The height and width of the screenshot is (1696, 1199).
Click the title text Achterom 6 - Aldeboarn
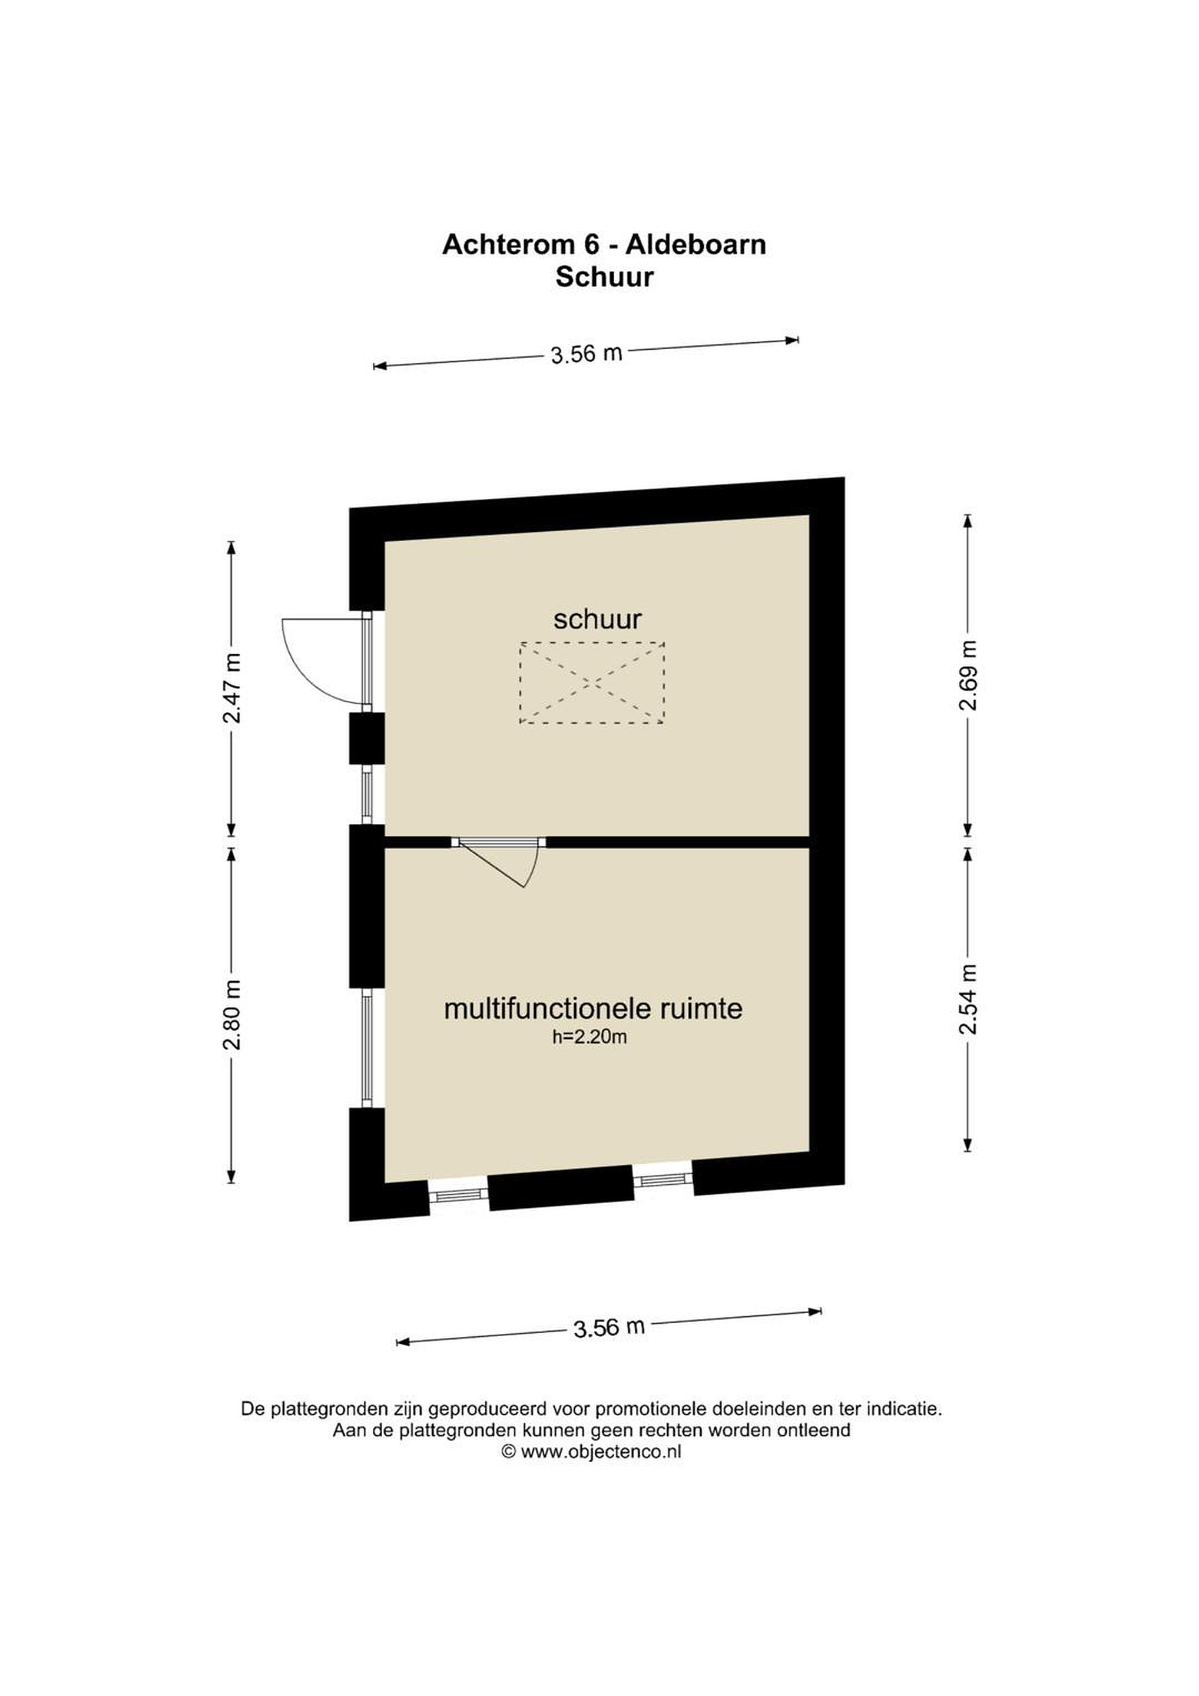pyautogui.click(x=604, y=244)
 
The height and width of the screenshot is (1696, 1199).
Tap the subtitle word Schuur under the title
pyautogui.click(x=605, y=277)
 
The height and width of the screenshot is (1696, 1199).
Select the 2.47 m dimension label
pyautogui.click(x=232, y=688)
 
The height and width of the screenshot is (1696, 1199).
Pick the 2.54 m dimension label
pyautogui.click(x=968, y=999)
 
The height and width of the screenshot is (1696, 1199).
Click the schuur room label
pyautogui.click(x=598, y=619)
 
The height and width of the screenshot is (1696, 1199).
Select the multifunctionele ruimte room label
pyautogui.click(x=593, y=1008)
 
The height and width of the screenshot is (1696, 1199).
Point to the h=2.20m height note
pyautogui.click(x=589, y=1037)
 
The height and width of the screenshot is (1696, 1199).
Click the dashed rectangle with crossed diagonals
pyautogui.click(x=592, y=683)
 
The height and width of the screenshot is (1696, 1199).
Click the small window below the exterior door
pyautogui.click(x=366, y=794)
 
